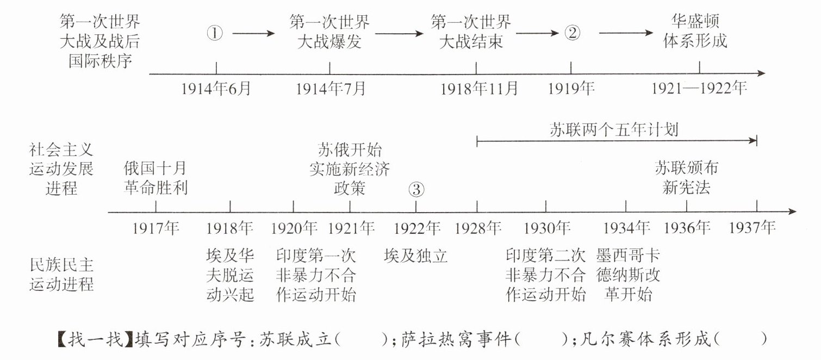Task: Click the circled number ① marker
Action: [x=215, y=33]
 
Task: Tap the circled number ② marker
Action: [x=572, y=33]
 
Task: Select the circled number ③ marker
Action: [x=416, y=189]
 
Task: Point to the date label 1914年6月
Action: [x=216, y=88]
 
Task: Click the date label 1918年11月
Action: [x=479, y=88]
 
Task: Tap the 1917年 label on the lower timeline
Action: [x=156, y=228]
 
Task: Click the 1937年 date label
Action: [x=752, y=228]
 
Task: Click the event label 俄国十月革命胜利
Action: [x=156, y=177]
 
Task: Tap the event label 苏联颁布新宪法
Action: [x=686, y=177]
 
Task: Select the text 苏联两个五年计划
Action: [x=614, y=130]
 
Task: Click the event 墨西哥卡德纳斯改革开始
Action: [x=628, y=275]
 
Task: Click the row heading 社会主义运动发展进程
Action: [x=61, y=168]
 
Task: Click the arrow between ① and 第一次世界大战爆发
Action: [x=254, y=33]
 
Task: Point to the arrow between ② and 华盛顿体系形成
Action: [x=626, y=33]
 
